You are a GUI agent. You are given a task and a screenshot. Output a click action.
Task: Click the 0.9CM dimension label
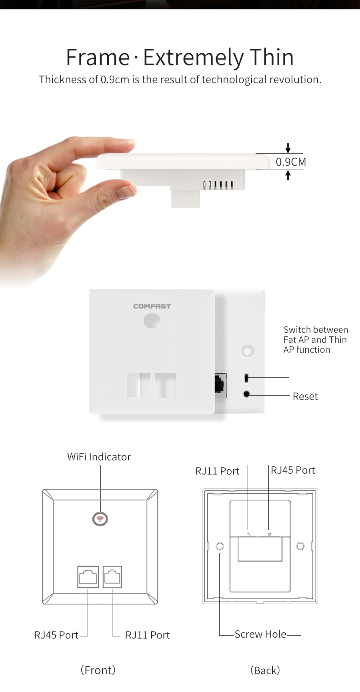click(x=291, y=162)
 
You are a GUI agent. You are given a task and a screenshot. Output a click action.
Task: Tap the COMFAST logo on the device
click(x=152, y=306)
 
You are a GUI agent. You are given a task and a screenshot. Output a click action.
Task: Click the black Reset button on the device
click(x=246, y=394)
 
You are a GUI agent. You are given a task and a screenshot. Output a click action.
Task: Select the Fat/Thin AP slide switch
click(x=246, y=378)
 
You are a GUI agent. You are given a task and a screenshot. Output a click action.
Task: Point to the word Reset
click(x=305, y=396)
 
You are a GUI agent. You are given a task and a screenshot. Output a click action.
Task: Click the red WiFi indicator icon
click(x=100, y=519)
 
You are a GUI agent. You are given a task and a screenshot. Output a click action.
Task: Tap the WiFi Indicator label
click(x=99, y=457)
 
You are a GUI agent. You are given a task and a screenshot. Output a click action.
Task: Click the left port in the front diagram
click(x=88, y=577)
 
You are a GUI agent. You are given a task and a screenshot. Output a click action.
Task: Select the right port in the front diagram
click(x=112, y=577)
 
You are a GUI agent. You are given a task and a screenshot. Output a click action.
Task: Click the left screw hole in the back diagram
click(x=220, y=546)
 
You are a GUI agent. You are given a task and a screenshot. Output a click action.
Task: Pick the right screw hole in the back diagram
click(x=300, y=546)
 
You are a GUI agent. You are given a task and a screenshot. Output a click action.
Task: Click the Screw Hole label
click(x=260, y=634)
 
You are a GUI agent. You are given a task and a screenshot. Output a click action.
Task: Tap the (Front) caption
click(x=98, y=670)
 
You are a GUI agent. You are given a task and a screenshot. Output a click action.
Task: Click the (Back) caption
click(x=265, y=670)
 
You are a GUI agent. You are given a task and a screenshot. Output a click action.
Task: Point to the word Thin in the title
click(x=272, y=57)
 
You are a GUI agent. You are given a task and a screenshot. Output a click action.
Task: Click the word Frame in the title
click(x=98, y=57)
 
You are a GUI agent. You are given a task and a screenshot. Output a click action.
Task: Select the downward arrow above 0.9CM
click(x=288, y=148)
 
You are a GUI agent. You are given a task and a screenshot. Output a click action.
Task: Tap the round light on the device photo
click(x=152, y=321)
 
